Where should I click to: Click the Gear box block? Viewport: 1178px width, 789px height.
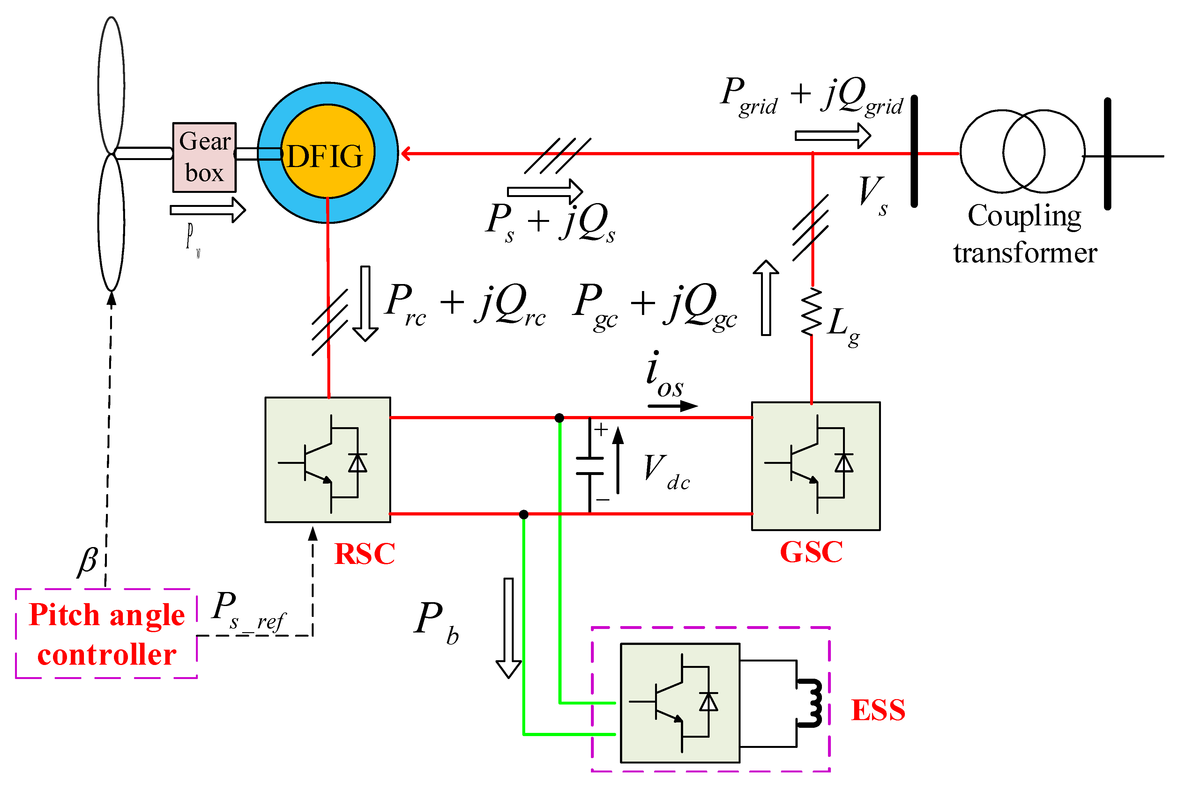point(204,157)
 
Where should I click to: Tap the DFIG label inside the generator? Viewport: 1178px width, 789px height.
point(325,156)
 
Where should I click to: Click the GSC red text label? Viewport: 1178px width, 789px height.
point(811,552)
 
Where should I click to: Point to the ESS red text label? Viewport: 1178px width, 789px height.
point(878,710)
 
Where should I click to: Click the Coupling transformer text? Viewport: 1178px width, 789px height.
point(1025,234)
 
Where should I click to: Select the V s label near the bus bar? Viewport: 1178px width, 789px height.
point(872,195)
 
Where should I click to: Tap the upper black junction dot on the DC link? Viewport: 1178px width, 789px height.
point(559,418)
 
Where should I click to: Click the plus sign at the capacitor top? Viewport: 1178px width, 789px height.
point(600,429)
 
